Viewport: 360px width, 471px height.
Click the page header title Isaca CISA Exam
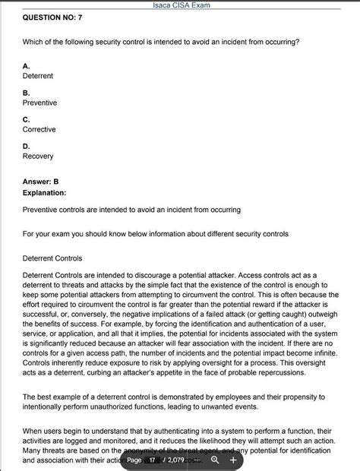pos(180,5)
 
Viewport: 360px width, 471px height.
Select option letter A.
pos(27,66)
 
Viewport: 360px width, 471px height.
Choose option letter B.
pos(27,93)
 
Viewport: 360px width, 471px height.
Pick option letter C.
pos(27,119)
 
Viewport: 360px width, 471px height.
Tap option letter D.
pos(27,146)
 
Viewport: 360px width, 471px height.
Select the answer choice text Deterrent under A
pos(39,76)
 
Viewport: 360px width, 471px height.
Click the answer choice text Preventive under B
pos(39,103)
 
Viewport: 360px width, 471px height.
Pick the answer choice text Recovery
pos(38,156)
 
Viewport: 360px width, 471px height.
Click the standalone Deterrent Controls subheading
pos(58,258)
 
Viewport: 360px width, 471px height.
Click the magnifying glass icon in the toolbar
pos(216,460)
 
